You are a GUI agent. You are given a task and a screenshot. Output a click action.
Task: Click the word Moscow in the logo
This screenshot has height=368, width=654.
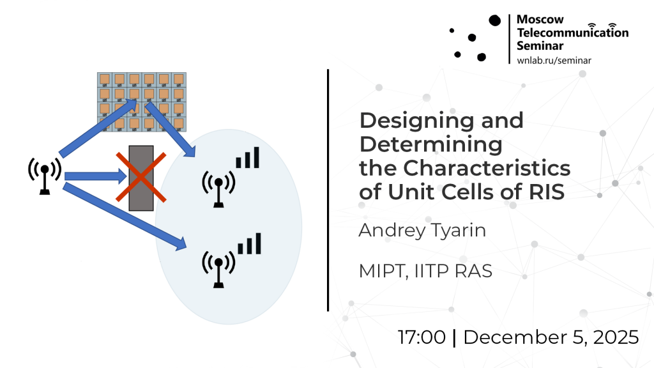540,19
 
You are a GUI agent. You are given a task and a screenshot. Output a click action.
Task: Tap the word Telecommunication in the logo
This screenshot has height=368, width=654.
573,32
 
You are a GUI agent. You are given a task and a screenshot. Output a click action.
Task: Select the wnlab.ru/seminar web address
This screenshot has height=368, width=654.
554,61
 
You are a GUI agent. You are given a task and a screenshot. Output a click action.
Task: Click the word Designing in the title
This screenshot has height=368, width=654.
416,121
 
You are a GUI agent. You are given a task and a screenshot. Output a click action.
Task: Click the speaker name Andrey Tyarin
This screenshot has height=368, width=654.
422,231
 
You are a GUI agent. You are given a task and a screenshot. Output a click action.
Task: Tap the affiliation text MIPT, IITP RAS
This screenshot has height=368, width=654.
425,271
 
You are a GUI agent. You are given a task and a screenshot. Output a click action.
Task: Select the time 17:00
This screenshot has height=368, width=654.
422,337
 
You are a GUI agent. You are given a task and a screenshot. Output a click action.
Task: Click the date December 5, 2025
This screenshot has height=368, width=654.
551,337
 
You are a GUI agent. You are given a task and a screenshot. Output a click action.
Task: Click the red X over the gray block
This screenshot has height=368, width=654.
141,178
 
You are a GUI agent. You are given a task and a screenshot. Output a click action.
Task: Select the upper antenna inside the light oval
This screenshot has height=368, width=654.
218,188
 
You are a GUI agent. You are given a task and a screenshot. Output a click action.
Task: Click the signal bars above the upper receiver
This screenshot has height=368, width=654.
248,157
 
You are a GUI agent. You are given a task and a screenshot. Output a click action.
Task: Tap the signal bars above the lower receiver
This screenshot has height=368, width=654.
250,243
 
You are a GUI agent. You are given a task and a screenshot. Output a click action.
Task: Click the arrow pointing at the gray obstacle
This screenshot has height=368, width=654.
96,176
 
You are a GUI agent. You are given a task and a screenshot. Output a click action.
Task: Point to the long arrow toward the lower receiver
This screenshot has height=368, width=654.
125,217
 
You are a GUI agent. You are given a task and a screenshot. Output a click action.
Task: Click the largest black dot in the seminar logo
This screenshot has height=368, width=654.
495,20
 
